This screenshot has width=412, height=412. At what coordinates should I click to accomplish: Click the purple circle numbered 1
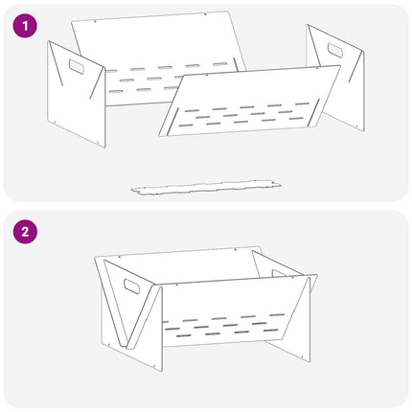25,26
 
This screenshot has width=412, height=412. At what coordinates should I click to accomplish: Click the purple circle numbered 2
25,232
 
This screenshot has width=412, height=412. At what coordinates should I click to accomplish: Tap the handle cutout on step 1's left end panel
77,66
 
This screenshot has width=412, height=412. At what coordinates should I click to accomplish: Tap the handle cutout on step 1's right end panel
335,51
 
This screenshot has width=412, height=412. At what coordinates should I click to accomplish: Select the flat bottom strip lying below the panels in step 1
206,187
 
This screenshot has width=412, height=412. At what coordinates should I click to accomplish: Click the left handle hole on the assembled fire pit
131,286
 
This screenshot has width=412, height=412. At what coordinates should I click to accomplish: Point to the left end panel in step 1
76,94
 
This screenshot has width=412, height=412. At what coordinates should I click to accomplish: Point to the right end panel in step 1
336,78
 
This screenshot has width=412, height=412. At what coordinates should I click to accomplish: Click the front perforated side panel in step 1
249,102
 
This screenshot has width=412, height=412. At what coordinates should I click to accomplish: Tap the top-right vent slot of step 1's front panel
303,103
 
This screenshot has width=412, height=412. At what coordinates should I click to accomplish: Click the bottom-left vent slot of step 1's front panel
186,126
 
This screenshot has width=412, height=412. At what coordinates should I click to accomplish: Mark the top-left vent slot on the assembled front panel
191,320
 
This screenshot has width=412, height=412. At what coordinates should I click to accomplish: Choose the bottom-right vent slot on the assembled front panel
271,331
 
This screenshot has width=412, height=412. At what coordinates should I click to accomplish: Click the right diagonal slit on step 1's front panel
314,113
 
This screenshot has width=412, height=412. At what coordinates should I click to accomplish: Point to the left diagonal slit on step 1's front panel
172,121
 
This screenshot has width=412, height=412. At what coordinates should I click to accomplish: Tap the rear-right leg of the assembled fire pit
289,352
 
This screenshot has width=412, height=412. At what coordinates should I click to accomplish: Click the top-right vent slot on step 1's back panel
220,64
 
